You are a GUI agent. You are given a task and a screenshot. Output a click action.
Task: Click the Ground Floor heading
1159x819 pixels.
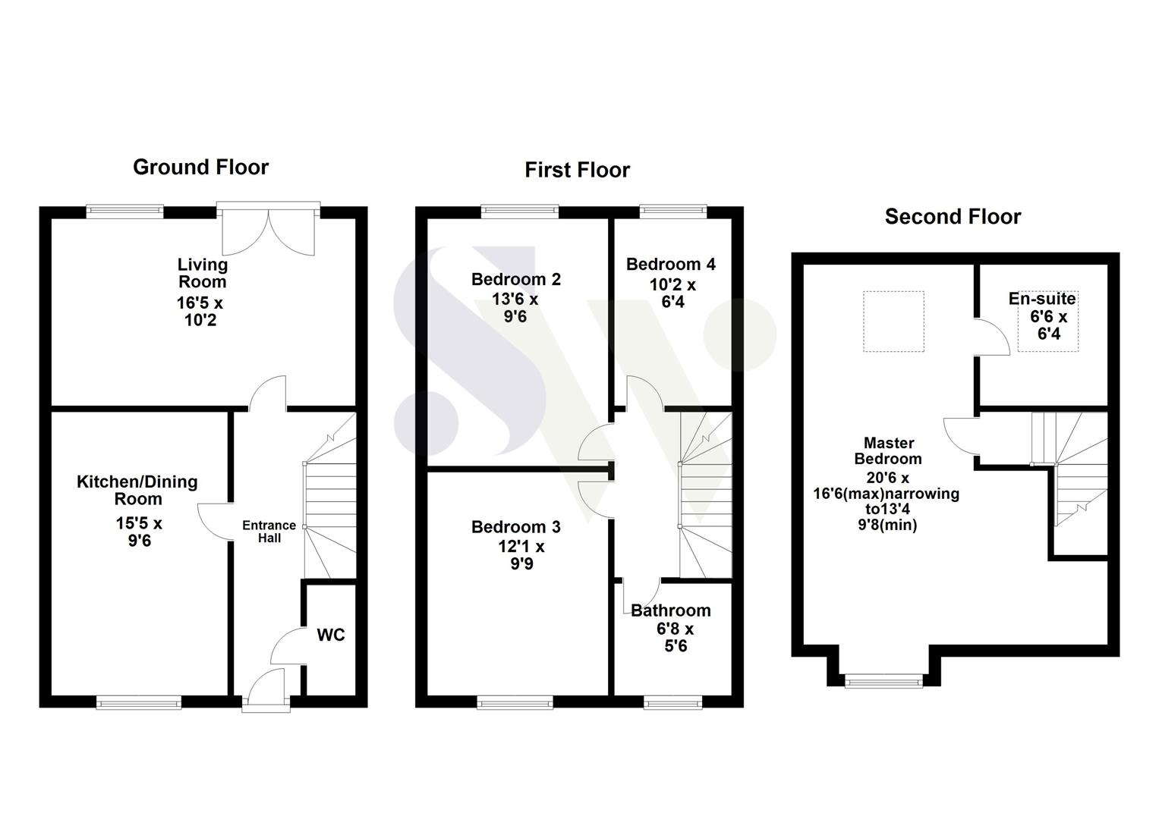click(200, 168)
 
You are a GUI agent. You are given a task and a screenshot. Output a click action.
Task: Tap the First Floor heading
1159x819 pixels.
click(578, 170)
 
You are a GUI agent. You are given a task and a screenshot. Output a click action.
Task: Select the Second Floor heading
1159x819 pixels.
click(953, 217)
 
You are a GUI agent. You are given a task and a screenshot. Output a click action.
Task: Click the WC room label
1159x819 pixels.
click(331, 635)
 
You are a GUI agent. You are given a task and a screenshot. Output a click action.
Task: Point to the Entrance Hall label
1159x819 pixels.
click(269, 532)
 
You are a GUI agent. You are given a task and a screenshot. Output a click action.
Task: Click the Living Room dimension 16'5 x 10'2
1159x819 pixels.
click(200, 311)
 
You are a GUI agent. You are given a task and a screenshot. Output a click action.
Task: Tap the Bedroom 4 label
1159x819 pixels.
click(671, 264)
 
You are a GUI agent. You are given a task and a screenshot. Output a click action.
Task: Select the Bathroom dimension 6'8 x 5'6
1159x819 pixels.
click(676, 637)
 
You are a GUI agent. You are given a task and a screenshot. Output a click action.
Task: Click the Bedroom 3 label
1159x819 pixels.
click(516, 527)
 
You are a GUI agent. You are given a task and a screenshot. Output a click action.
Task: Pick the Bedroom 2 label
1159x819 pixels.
click(516, 279)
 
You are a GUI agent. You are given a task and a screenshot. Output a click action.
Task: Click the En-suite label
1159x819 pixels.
click(1042, 298)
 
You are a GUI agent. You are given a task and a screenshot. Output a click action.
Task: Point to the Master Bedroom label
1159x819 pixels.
click(888, 450)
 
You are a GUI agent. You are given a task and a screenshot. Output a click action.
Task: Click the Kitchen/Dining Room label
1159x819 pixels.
click(137, 490)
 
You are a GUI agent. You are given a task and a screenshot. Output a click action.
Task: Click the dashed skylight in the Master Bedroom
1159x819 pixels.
click(893, 322)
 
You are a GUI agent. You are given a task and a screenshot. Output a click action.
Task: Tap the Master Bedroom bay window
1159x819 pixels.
click(883, 681)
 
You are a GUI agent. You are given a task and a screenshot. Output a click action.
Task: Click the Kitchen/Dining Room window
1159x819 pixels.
click(139, 702)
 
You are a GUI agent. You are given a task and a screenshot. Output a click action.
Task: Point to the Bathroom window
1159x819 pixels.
click(672, 702)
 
